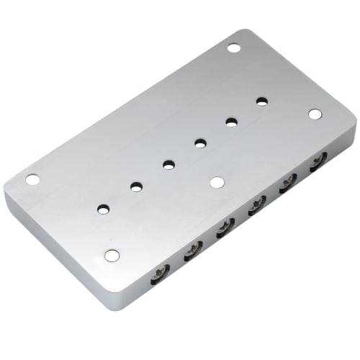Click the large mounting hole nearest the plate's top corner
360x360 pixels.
(x=233, y=48)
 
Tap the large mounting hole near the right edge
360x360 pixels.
(x=315, y=114)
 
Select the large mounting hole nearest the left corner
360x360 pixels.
(x=33, y=179)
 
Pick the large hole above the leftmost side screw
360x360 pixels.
(x=111, y=255)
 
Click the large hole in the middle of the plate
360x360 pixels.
(x=217, y=182)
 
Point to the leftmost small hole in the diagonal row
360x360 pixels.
(x=104, y=209)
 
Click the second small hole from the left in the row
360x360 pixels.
(x=136, y=186)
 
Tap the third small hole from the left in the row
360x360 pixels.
(x=168, y=165)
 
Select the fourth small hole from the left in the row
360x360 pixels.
(x=199, y=143)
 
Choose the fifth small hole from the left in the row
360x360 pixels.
(x=232, y=122)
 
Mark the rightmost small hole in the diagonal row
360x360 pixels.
(x=263, y=101)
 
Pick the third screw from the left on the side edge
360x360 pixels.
(x=225, y=228)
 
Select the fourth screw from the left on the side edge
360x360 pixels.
(x=256, y=207)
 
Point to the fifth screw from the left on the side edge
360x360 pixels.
(x=288, y=185)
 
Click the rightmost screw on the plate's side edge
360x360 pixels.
(x=318, y=164)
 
